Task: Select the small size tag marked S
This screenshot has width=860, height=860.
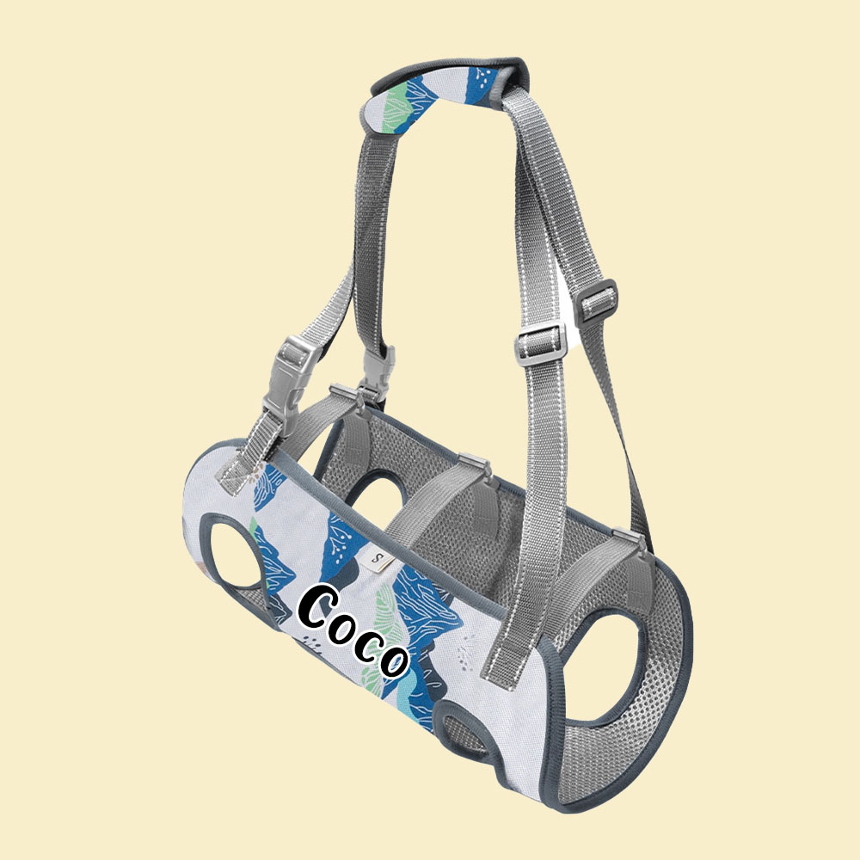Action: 379,560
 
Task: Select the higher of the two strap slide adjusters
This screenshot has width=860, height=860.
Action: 597,297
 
